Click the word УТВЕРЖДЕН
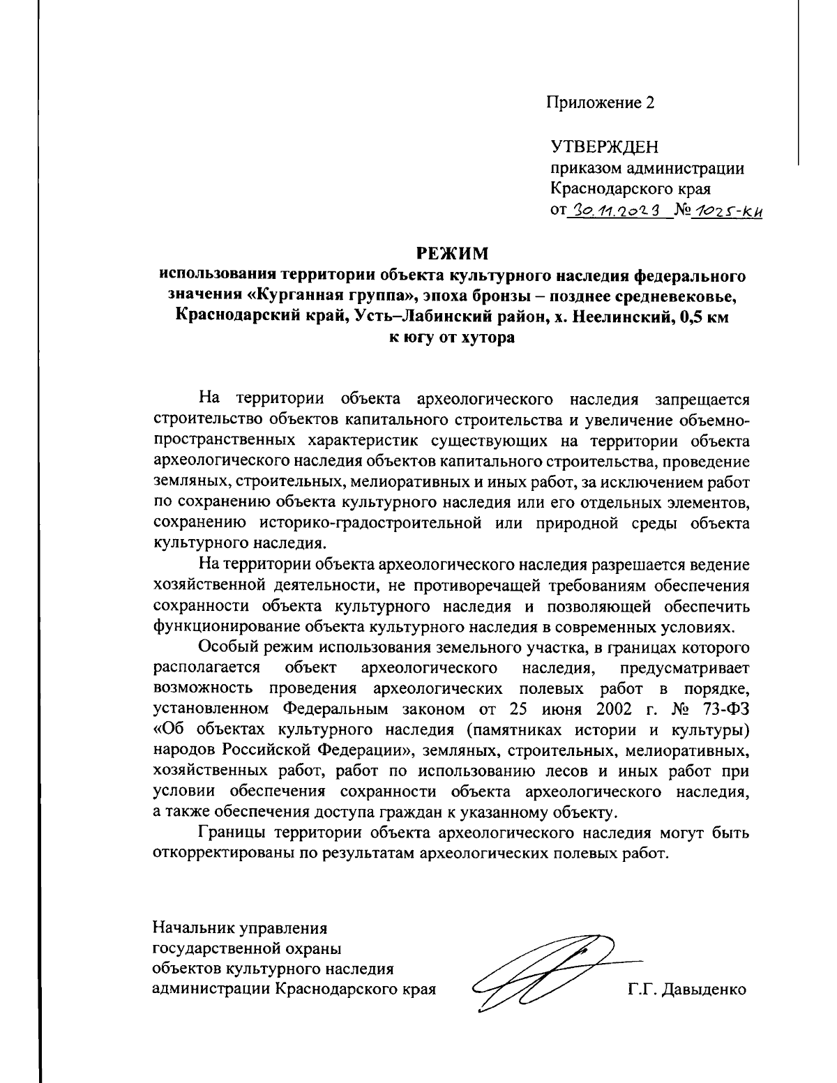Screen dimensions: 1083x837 coord(605,148)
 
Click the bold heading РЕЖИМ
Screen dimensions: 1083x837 coord(453,252)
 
